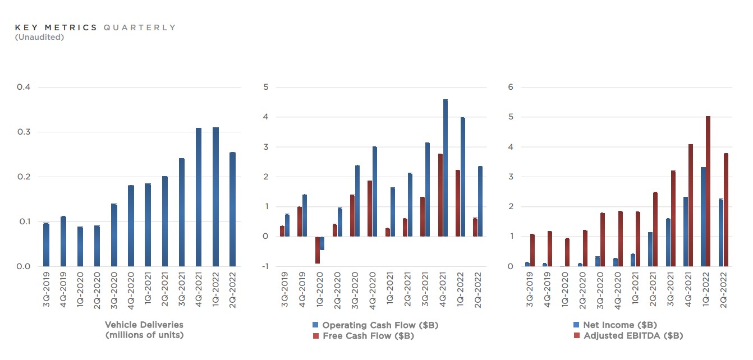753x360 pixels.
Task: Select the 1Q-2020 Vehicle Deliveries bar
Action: point(80,246)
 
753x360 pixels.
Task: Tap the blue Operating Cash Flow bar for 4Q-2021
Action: point(446,168)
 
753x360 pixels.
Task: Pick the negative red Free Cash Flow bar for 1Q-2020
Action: point(318,250)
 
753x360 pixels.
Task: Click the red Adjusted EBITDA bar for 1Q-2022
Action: point(708,191)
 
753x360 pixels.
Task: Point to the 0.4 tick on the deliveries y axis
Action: point(23,87)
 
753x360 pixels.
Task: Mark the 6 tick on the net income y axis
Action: point(510,87)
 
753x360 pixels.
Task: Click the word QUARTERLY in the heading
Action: point(140,27)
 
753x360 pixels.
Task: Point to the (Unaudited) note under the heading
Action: point(39,38)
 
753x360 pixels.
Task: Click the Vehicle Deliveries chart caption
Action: point(144,330)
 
